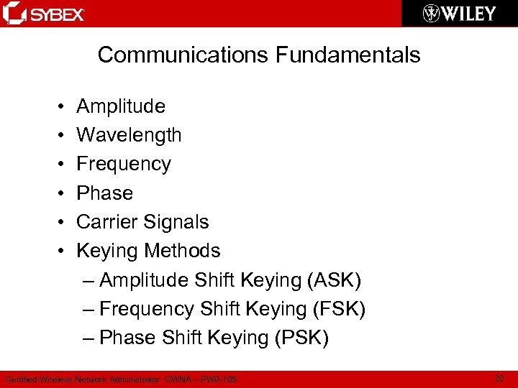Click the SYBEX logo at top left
(x=45, y=13)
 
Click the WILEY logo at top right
(x=460, y=13)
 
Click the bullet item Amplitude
(x=121, y=106)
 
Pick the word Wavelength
(x=129, y=135)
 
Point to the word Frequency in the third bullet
(x=124, y=164)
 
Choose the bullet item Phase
(x=105, y=193)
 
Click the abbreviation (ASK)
(x=334, y=280)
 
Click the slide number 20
(x=499, y=378)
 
